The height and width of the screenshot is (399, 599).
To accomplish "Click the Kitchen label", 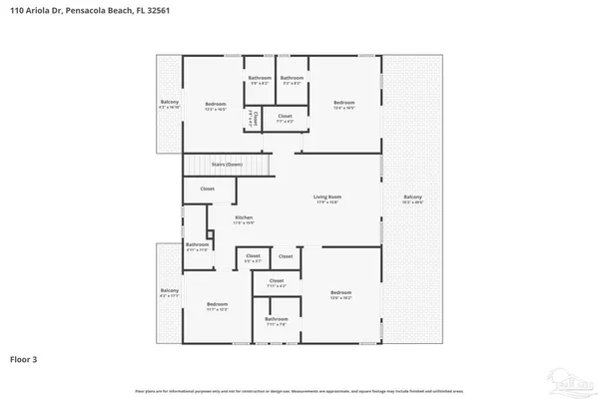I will click(x=244, y=217).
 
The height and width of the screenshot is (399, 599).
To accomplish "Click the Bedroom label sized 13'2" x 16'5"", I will click(x=216, y=104).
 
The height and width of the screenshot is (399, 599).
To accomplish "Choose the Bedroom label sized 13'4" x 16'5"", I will click(x=343, y=102).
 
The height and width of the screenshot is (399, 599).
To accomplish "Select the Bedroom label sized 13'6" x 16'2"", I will click(x=342, y=293).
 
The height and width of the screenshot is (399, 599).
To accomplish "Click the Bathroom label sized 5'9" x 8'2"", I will click(x=260, y=78).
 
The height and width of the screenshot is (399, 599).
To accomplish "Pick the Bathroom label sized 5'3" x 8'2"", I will click(x=292, y=78).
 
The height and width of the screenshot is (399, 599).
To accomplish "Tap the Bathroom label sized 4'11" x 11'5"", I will click(x=197, y=244).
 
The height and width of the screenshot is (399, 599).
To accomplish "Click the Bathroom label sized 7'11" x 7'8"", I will click(x=276, y=320).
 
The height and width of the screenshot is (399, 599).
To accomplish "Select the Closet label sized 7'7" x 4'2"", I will click(x=286, y=117).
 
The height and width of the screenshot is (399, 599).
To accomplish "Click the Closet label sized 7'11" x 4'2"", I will click(x=276, y=282).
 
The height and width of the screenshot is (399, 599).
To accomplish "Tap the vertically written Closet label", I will click(x=256, y=119).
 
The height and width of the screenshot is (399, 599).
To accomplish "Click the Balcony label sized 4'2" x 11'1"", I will click(x=169, y=292).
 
